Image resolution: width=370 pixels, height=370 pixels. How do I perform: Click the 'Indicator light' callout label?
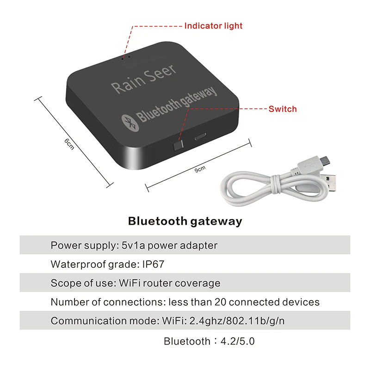coord(213,26)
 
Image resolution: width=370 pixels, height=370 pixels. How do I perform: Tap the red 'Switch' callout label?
coord(283,109)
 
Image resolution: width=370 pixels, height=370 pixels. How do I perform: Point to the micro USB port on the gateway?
coord(200,137)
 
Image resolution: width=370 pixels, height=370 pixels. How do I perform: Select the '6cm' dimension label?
coord(69,144)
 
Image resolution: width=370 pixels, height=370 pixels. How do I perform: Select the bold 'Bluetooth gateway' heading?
coord(185,221)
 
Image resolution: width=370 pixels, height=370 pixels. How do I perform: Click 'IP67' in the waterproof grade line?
coord(153,265)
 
